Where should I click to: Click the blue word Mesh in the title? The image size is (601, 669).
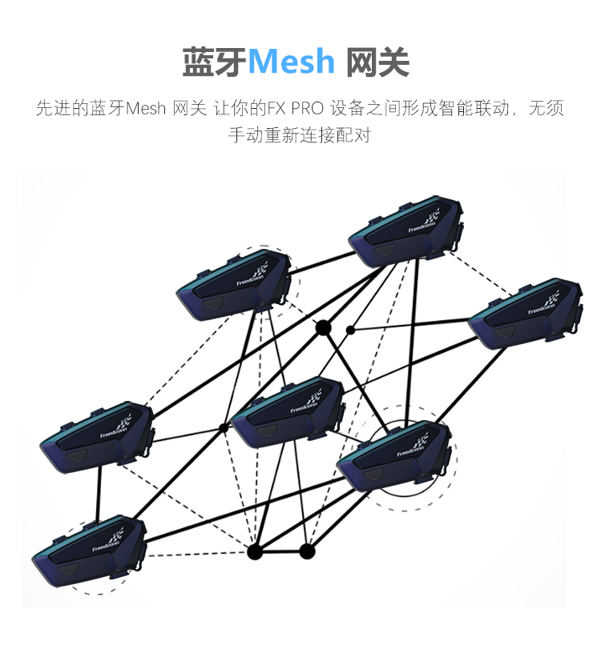click(x=292, y=61)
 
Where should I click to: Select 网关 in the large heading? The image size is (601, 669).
click(x=377, y=62)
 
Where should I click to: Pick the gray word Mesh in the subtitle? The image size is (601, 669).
click(x=145, y=108)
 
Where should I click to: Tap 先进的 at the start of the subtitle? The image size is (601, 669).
click(x=61, y=108)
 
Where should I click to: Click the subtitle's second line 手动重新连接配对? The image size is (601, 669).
click(x=300, y=134)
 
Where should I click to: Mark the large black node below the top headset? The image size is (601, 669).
click(x=323, y=327)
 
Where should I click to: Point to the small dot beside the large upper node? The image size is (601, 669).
click(x=350, y=329)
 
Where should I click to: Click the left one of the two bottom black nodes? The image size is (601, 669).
click(x=255, y=551)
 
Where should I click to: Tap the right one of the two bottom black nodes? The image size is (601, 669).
click(x=307, y=551)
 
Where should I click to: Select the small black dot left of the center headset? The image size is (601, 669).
click(x=224, y=427)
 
